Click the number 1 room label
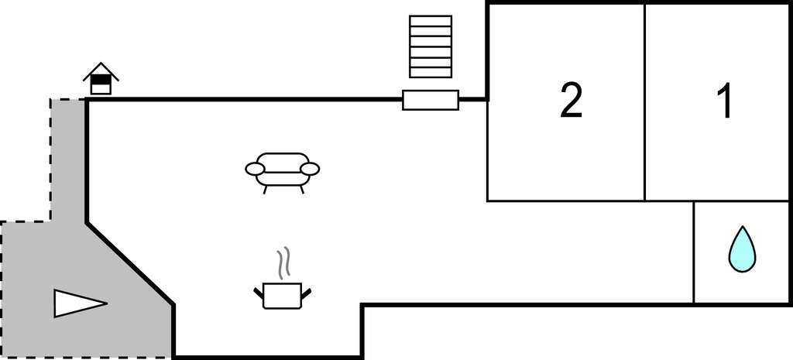pyautogui.click(x=726, y=101)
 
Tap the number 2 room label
pyautogui.click(x=571, y=101)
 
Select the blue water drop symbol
pyautogui.click(x=742, y=249)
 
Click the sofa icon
pyautogui.click(x=282, y=173)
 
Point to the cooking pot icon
pyautogui.click(x=282, y=295)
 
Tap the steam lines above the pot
pyautogui.click(x=283, y=262)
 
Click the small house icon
pyautogui.click(x=101, y=79)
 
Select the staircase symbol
pyautogui.click(x=431, y=46)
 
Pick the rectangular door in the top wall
pyautogui.click(x=431, y=100)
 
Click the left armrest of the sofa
pyautogui.click(x=256, y=169)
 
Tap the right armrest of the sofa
pyautogui.click(x=310, y=169)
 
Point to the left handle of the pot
pyautogui.click(x=259, y=293)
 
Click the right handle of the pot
pyautogui.click(x=305, y=293)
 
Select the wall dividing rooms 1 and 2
pyautogui.click(x=645, y=102)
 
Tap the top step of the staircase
pyautogui.click(x=431, y=20)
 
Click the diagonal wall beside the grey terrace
pyautogui.click(x=130, y=264)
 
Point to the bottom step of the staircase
pyautogui.click(x=431, y=73)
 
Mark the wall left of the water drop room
pyautogui.click(x=694, y=252)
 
